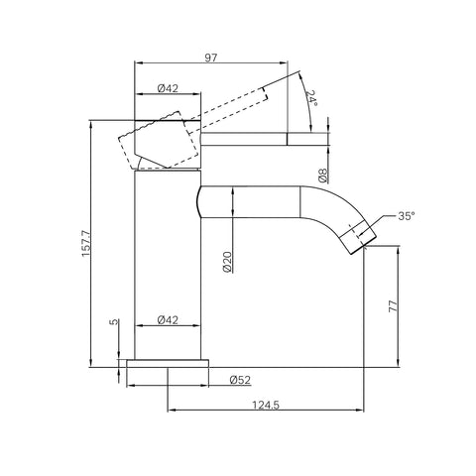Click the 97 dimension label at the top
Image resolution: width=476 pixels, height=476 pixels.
pyautogui.click(x=211, y=58)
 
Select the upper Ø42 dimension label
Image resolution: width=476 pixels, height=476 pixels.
pyautogui.click(x=168, y=88)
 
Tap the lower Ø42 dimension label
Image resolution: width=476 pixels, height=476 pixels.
pyautogui.click(x=168, y=319)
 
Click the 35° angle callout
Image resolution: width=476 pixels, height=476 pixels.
pyautogui.click(x=407, y=216)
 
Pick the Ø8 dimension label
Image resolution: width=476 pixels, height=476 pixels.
pyautogui.click(x=323, y=176)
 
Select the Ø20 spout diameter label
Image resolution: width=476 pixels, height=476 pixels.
pyautogui.click(x=227, y=262)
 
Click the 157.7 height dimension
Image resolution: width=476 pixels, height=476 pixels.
pyautogui.click(x=85, y=243)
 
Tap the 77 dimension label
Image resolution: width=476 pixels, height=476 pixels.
pyautogui.click(x=394, y=306)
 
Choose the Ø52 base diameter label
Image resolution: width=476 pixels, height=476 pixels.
pyautogui.click(x=240, y=380)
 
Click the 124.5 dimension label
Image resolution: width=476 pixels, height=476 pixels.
pyautogui.click(x=266, y=405)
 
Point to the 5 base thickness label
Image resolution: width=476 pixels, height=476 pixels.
pyautogui.click(x=114, y=321)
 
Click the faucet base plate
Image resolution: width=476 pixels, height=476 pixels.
pyautogui.click(x=168, y=363)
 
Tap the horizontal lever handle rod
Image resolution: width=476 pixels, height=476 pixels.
pyautogui.click(x=265, y=139)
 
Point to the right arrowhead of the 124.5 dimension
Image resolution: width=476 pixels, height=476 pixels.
pyautogui.click(x=360, y=411)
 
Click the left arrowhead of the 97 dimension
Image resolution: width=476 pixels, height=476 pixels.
pyautogui.click(x=139, y=62)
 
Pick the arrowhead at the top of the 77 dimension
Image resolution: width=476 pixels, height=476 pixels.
pyautogui.click(x=399, y=250)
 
